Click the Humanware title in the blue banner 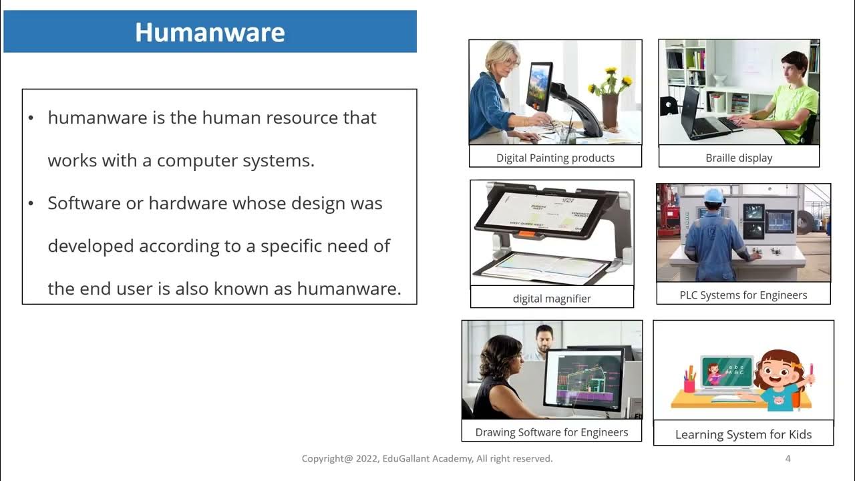(x=210, y=32)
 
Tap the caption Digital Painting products (x=555, y=158)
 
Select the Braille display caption (x=739, y=158)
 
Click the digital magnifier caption (x=552, y=299)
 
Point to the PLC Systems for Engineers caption (x=743, y=295)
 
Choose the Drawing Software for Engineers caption (x=552, y=432)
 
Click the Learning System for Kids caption (x=743, y=434)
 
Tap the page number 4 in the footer (x=788, y=458)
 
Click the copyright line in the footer (x=427, y=458)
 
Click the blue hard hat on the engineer (x=714, y=195)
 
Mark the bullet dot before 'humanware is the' (x=31, y=118)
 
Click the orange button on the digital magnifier (x=526, y=234)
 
